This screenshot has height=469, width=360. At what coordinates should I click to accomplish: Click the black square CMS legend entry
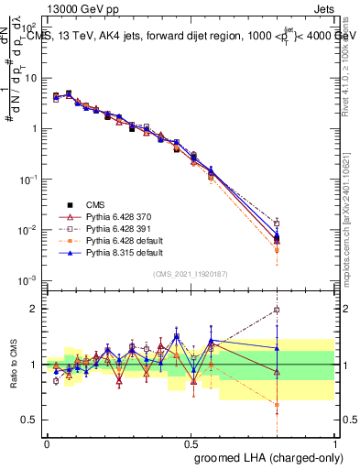[x=96, y=203]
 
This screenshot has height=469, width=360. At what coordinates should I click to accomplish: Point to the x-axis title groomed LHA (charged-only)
[x=284, y=457]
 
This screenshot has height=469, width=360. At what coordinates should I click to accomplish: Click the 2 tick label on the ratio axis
[x=36, y=309]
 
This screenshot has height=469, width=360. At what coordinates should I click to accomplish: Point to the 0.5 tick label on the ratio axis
[x=32, y=420]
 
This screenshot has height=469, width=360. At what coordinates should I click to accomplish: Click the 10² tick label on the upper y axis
[x=30, y=28]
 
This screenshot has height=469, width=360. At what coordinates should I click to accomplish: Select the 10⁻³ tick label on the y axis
[x=30, y=279]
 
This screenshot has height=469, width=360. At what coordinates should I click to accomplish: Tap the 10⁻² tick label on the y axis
[x=30, y=229]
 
